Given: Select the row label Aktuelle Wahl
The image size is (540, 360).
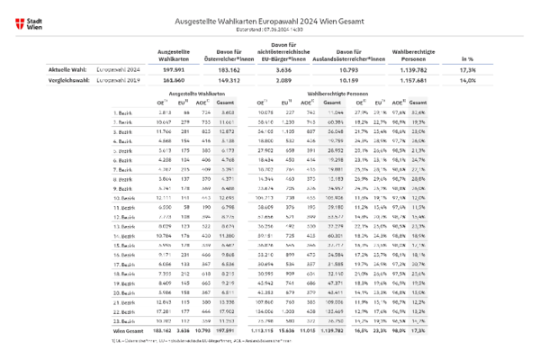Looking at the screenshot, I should coord(66,68).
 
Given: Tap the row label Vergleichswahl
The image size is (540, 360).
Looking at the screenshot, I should coord(67,79).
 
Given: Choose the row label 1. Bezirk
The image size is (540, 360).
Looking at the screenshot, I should coord(125,112).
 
